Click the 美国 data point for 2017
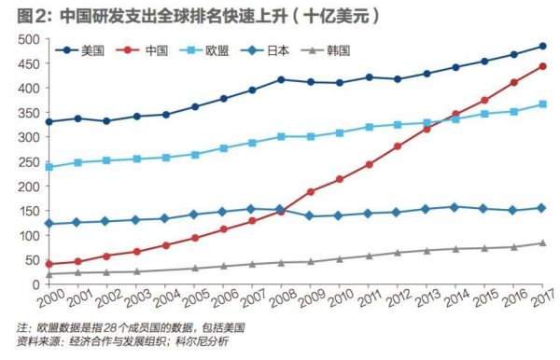pyautogui.click(x=542, y=46)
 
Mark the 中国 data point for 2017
pyautogui.click(x=542, y=66)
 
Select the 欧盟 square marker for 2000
pyautogui.click(x=49, y=167)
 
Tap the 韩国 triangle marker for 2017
pyautogui.click(x=542, y=242)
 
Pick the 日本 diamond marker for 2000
pyautogui.click(x=49, y=223)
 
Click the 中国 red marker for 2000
pyautogui.click(x=49, y=264)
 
